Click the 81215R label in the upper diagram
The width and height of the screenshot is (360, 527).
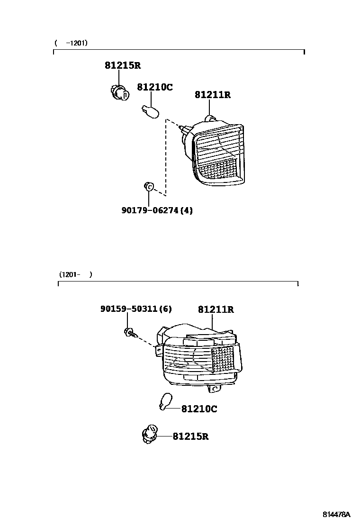123,66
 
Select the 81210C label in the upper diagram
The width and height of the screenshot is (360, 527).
155,87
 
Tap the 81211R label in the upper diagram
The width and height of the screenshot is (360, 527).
212,95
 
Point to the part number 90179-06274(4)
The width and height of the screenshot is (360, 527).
157,210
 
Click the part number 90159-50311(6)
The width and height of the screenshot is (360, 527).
136,309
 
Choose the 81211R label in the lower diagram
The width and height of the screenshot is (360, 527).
216,310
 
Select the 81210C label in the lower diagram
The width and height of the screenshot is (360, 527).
199,409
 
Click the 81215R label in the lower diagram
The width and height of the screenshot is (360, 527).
190,436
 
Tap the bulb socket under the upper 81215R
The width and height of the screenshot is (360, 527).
118,92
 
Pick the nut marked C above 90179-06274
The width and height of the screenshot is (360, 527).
149,187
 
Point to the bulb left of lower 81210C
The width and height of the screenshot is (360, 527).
164,402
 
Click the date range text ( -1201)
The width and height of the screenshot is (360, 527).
71,43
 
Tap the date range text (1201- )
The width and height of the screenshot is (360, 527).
76,274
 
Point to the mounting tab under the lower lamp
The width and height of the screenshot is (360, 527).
215,388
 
